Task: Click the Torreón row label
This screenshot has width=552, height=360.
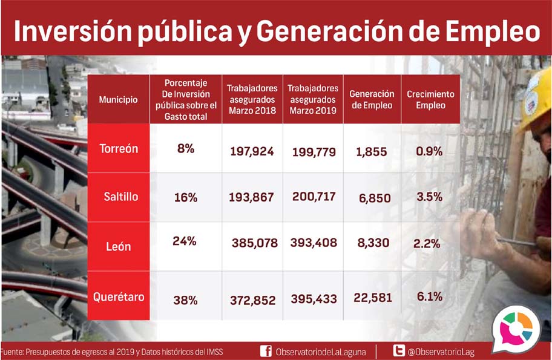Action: [x=118, y=149]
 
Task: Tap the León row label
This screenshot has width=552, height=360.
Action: [x=119, y=246]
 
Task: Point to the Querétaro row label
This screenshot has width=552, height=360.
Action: [x=118, y=297]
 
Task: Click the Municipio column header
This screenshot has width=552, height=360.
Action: [x=118, y=99]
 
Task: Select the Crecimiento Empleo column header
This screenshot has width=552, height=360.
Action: [x=430, y=100]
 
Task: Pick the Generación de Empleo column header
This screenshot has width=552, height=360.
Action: [x=372, y=100]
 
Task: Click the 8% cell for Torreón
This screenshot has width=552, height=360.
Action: [x=186, y=149]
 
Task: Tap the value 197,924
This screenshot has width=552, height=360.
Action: [x=252, y=151]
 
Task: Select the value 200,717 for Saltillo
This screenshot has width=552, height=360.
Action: [x=313, y=197]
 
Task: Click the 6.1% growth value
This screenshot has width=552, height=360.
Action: [x=429, y=296]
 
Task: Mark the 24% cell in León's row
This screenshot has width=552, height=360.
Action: [x=184, y=241]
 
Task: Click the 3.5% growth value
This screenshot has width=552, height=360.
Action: [x=429, y=197]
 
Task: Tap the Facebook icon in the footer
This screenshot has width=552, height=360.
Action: [x=265, y=351]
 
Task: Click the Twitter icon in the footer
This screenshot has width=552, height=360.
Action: [x=399, y=351]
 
